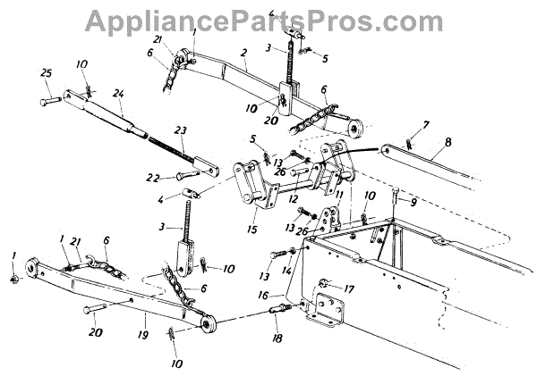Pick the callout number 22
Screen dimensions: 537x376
coord(156,176)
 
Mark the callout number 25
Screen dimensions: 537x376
coord(47,73)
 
